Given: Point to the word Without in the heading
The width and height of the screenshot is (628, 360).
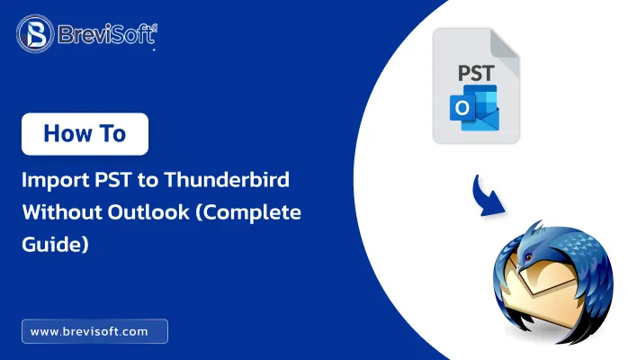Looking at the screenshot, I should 59,212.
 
